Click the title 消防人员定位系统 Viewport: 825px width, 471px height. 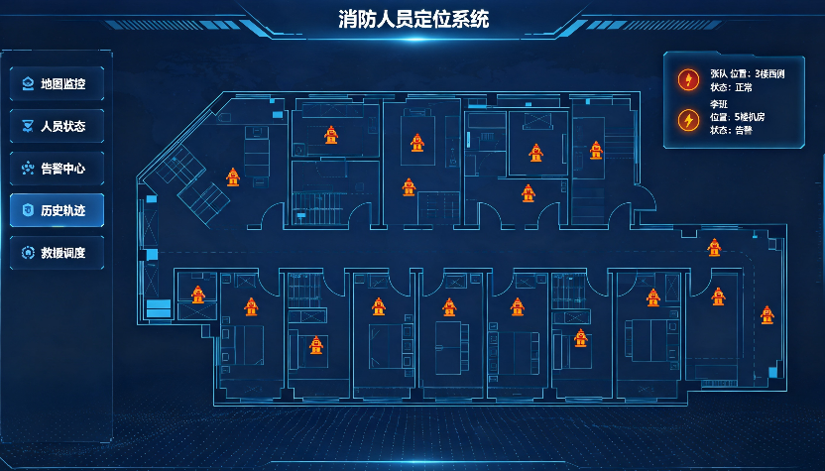(413, 20)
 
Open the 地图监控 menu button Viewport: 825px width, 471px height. (57, 83)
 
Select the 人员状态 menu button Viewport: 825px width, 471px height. (57, 126)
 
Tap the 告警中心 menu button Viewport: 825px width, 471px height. (57, 169)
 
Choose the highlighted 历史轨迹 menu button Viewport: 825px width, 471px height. (57, 210)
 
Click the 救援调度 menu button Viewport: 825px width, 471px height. (57, 253)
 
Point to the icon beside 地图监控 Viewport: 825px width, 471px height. (28, 83)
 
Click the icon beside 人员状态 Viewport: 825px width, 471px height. (28, 126)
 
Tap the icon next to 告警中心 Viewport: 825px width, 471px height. (28, 169)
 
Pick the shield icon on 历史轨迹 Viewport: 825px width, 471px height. (28, 210)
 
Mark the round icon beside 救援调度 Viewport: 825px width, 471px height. (28, 253)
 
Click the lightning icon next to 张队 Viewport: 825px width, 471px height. (688, 80)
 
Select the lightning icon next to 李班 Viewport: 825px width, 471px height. (688, 120)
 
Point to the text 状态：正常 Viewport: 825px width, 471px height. (732, 87)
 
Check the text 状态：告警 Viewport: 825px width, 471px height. (732, 130)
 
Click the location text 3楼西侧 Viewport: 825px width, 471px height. (769, 74)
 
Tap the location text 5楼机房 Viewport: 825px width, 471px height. (750, 117)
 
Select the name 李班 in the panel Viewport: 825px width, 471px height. (719, 104)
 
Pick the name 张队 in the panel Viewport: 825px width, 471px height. (719, 74)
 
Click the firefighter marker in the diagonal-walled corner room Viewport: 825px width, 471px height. (233, 177)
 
